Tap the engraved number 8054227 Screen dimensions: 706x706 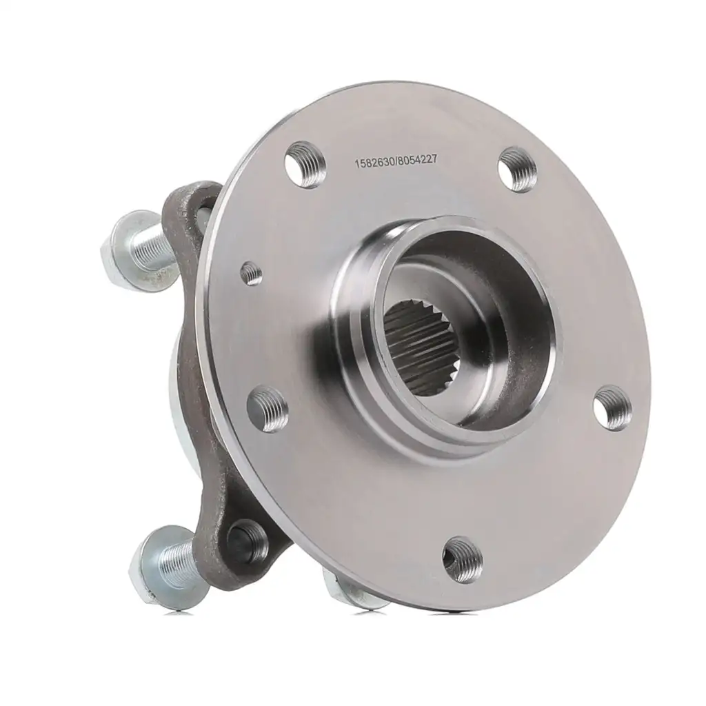(x=417, y=159)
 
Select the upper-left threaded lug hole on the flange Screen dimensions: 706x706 (x=305, y=163)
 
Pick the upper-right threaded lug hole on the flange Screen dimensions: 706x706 (x=517, y=170)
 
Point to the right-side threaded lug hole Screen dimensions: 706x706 (x=612, y=407)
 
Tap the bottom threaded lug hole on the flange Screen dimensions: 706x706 (x=463, y=558)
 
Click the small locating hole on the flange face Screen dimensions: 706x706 (x=251, y=273)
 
